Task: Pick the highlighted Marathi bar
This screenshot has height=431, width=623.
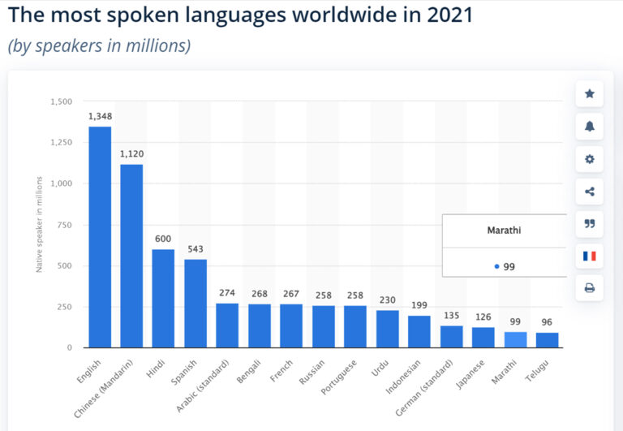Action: tap(515, 339)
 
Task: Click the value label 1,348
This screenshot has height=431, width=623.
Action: tap(100, 117)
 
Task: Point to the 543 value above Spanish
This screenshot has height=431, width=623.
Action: tap(195, 249)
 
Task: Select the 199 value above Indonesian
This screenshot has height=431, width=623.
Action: tap(419, 305)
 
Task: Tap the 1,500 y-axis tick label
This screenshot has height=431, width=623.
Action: tap(61, 101)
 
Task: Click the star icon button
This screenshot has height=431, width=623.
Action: tap(590, 94)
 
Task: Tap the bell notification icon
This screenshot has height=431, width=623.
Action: tap(590, 126)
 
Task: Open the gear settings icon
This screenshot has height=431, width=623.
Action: tap(590, 159)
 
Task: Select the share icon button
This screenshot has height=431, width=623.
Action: tap(590, 192)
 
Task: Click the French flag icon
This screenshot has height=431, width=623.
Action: tap(590, 256)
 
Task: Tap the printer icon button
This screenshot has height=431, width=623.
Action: tap(590, 288)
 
